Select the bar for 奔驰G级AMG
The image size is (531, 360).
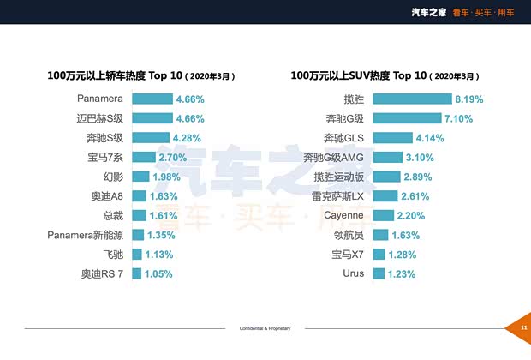[387, 158]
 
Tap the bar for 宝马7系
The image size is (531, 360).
[143, 158]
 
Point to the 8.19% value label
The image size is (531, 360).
[469, 99]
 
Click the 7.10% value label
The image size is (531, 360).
[458, 119]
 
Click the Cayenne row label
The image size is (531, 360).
[344, 215]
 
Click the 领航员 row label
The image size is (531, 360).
[349, 235]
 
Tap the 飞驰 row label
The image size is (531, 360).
[114, 255]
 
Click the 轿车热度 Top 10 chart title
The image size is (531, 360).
[141, 75]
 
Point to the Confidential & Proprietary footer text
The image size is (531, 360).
[265, 328]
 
